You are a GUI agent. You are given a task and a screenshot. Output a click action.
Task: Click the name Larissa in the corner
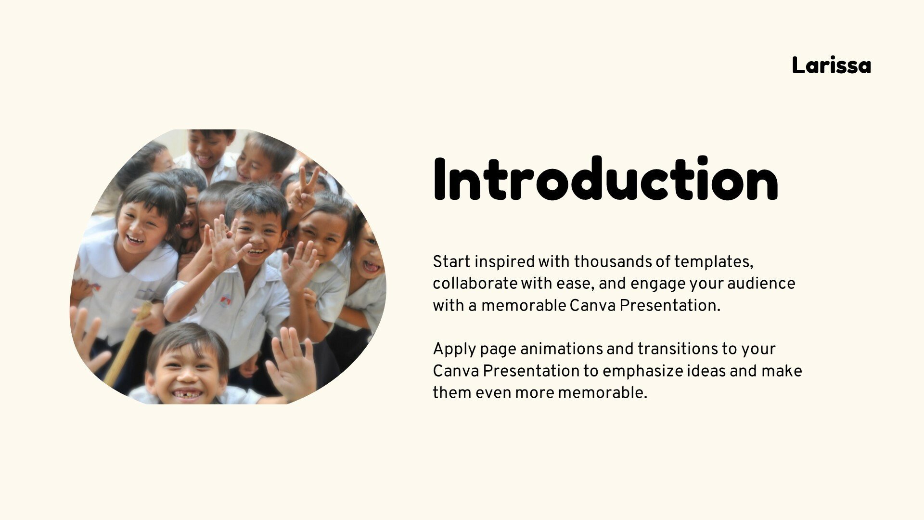tap(831, 65)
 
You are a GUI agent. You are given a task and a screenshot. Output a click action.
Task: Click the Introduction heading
tap(605, 179)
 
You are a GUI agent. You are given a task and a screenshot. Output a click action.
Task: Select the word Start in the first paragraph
tap(451, 262)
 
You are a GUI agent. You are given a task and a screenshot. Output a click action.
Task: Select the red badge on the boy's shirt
tap(225, 301)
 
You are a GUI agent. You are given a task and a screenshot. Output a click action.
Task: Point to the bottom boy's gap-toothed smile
tap(188, 394)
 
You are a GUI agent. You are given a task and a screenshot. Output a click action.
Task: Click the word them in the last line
tap(452, 393)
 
